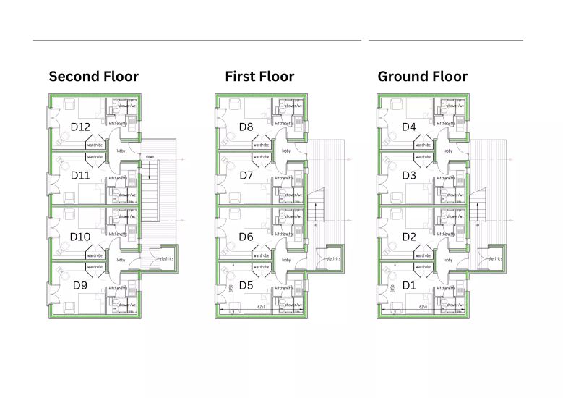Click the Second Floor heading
pyautogui.click(x=93, y=76)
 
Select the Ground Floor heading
pyautogui.click(x=422, y=76)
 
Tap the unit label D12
pyautogui.click(x=80, y=127)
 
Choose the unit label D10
pyautogui.click(x=79, y=237)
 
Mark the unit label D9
pyautogui.click(x=81, y=285)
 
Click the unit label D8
pyautogui.click(x=246, y=127)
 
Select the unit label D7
pyautogui.click(x=246, y=175)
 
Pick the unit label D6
pyautogui.click(x=246, y=237)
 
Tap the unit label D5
pyautogui.click(x=246, y=285)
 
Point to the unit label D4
pyautogui.click(x=409, y=127)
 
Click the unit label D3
pyautogui.click(x=409, y=175)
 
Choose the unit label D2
pyautogui.click(x=409, y=237)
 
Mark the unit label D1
pyautogui.click(x=409, y=285)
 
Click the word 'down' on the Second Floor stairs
pyautogui.click(x=150, y=156)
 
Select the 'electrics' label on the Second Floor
pyautogui.click(x=168, y=258)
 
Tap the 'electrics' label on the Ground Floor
pyautogui.click(x=495, y=258)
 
